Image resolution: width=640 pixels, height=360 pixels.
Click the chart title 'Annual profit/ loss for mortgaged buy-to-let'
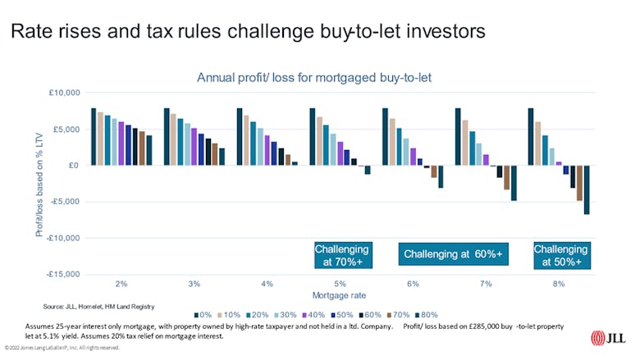[x=314, y=77]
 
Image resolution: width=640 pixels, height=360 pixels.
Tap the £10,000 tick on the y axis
[x=62, y=93]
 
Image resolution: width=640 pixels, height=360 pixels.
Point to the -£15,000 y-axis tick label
[x=61, y=275]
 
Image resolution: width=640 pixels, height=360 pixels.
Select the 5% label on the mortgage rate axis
[x=340, y=284]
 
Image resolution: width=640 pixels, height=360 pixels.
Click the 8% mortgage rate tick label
[x=559, y=284]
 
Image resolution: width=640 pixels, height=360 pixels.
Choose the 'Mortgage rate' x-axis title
[x=339, y=294]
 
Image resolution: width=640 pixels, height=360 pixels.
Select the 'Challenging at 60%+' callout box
[x=453, y=255]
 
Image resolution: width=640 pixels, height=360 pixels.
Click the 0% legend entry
[x=203, y=314]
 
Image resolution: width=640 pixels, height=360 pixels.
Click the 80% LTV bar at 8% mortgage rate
[x=587, y=189]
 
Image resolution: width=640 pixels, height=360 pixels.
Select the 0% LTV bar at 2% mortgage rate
[x=94, y=137]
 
